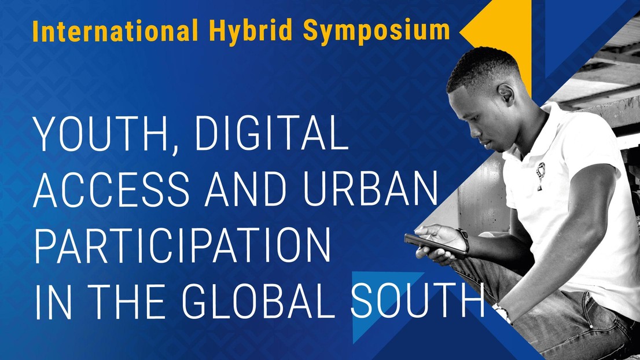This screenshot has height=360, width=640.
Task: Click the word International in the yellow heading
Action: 115,30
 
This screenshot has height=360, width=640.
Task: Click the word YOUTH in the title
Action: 100,133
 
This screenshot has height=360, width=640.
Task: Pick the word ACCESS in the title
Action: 112,189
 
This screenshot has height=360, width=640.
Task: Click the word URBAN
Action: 370,189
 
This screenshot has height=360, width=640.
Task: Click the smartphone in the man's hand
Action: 435,245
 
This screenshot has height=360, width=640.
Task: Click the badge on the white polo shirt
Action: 540,175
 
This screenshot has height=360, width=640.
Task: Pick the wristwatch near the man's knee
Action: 502,312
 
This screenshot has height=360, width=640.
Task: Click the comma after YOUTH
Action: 175,149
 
